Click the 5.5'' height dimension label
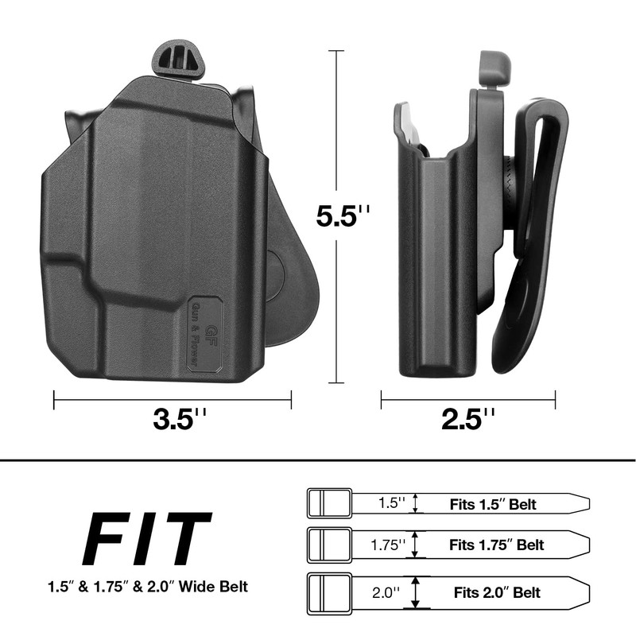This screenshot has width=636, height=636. (x=343, y=215)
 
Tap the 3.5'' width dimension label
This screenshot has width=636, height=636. (x=180, y=419)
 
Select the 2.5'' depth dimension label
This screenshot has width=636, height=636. (x=467, y=419)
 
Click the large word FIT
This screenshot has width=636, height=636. (x=147, y=539)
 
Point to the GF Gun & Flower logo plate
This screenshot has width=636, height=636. (x=205, y=334)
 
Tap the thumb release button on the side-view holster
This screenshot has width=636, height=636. (x=494, y=68)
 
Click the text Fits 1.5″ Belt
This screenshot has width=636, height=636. (x=493, y=504)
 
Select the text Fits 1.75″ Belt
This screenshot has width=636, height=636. (x=496, y=545)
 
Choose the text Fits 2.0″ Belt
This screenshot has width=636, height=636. (x=497, y=592)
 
